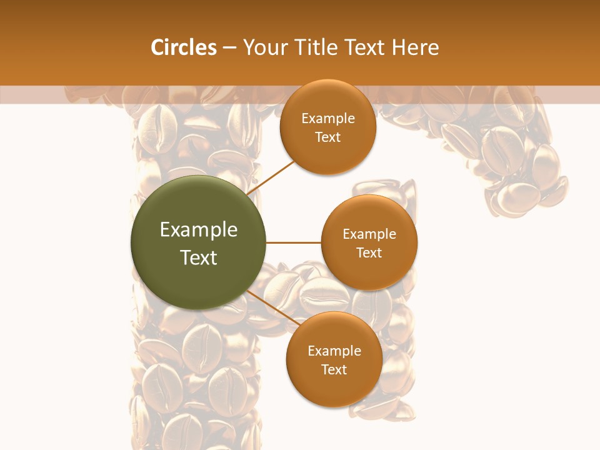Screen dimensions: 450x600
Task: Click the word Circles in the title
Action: click(x=183, y=47)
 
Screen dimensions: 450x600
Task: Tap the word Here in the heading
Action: click(x=415, y=47)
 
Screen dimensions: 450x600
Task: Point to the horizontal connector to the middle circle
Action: click(x=293, y=242)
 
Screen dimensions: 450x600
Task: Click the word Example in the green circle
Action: click(x=199, y=230)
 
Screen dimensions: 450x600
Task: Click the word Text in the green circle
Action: click(x=199, y=257)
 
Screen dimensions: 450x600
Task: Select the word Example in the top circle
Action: click(x=327, y=119)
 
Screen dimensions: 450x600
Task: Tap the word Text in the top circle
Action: click(x=327, y=137)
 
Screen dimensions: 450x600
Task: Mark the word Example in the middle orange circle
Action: click(x=369, y=234)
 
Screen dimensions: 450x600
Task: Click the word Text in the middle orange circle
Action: click(x=369, y=253)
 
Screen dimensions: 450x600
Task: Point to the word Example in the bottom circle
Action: click(x=334, y=351)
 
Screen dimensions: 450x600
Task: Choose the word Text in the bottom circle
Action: click(x=334, y=370)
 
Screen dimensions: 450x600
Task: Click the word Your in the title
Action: click(x=262, y=47)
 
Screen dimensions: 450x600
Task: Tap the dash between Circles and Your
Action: click(x=229, y=48)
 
